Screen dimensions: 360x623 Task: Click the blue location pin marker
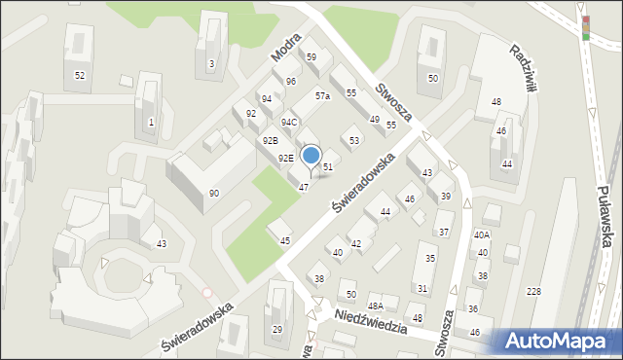(311, 157)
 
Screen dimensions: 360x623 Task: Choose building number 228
(532, 292)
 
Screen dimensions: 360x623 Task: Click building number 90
(213, 194)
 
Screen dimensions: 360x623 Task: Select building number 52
(80, 75)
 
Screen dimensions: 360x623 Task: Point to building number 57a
(322, 96)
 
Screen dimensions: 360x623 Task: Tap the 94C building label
(289, 123)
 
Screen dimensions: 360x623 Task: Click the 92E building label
(285, 158)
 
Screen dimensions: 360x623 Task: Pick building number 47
(304, 187)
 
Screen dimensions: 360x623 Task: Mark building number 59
(311, 57)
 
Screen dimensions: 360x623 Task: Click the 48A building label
(375, 306)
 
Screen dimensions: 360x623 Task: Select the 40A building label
(482, 234)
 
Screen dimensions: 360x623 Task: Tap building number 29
(276, 330)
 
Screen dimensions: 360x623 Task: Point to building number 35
(429, 259)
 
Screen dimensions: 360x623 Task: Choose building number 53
(354, 141)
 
